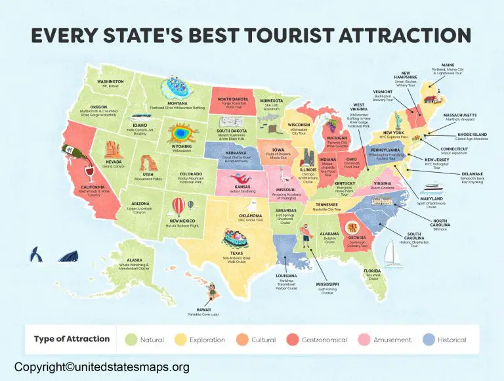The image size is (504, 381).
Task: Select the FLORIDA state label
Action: pyautogui.click(x=374, y=271)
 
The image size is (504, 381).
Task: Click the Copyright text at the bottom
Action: pyautogui.click(x=102, y=367)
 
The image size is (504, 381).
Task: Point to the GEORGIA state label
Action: pyautogui.click(x=358, y=236)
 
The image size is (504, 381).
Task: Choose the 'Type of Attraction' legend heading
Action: pyautogui.click(x=72, y=339)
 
